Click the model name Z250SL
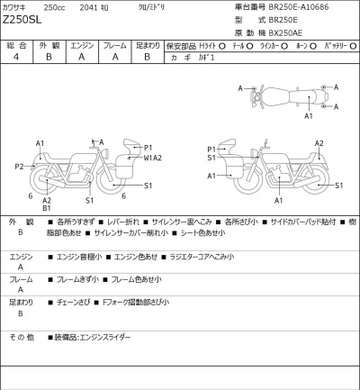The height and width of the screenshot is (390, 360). coord(31,30)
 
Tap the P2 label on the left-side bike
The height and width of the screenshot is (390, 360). coord(19,167)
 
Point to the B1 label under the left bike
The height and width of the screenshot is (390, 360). coord(46,208)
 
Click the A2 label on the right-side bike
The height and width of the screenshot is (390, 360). coord(319,143)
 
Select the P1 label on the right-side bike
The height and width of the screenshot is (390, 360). coord(211,149)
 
